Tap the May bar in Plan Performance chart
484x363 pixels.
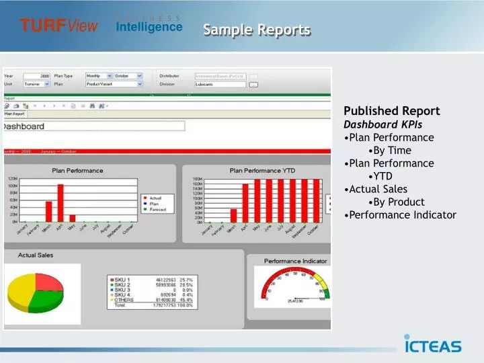coord(73,218)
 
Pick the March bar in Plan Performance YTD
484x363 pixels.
coord(234,215)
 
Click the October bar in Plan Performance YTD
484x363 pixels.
coord(316,200)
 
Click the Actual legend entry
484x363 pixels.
coord(154,198)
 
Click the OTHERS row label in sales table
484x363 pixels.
coord(124,300)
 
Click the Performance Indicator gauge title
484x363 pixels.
coord(295,261)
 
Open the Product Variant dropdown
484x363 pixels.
coord(114,84)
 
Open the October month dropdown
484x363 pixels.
coord(128,76)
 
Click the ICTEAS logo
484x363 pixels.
coord(432,344)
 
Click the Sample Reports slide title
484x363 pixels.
coord(257,30)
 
